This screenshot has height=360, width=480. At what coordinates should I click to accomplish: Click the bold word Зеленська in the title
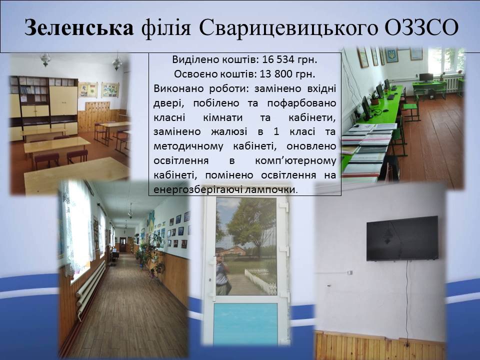(79, 27)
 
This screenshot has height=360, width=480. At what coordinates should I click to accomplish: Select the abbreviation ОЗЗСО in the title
(421, 27)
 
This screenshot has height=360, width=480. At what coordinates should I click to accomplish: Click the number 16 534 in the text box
(278, 59)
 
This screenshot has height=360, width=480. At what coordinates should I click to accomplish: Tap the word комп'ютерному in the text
(295, 161)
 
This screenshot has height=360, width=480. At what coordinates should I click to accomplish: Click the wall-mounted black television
(402, 238)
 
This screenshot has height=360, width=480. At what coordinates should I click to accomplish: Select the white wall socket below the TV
(349, 272)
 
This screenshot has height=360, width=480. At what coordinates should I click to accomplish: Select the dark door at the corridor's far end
(123, 244)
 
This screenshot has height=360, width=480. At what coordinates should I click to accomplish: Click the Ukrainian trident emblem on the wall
(391, 55)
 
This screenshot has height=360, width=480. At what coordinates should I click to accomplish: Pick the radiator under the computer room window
(452, 84)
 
